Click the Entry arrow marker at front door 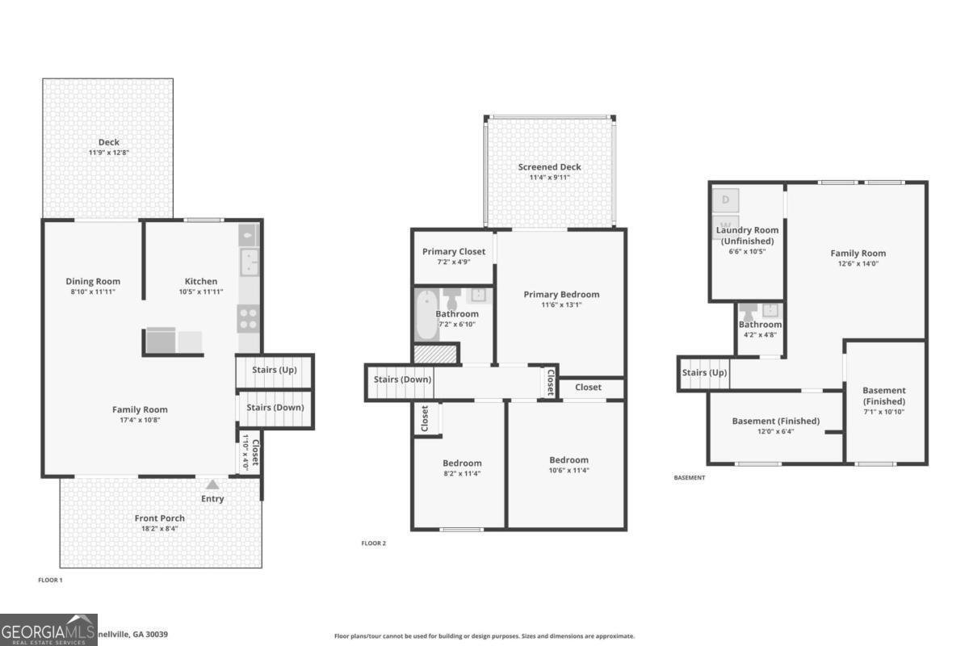212,484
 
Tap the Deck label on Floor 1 109,142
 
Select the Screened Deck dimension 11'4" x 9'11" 549,178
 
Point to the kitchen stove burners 248,318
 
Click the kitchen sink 248,262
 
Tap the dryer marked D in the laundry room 726,199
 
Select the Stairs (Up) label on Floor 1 275,370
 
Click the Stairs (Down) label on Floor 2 402,380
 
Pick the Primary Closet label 454,251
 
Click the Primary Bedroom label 561,294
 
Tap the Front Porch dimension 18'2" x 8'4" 160,529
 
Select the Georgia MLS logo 48,630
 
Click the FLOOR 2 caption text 373,543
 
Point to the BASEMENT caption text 689,478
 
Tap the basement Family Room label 858,253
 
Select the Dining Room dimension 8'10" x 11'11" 93,292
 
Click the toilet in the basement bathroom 748,310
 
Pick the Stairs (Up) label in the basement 704,372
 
